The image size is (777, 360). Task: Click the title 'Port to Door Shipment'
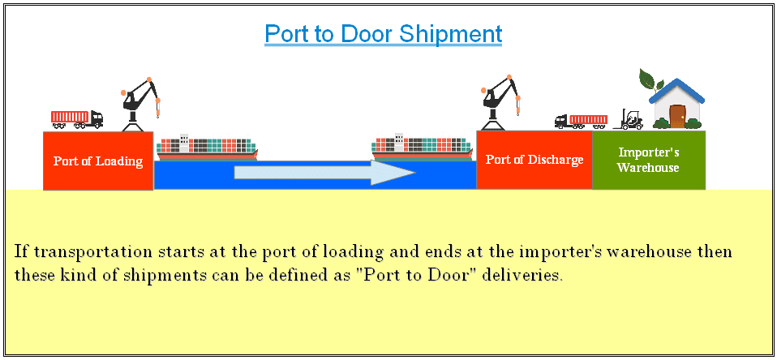coord(383,34)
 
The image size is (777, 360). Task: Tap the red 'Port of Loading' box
coord(98,161)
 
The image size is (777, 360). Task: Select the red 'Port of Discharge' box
coord(534,160)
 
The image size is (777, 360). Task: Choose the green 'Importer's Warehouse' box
coord(648,160)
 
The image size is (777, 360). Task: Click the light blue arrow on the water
coord(324,173)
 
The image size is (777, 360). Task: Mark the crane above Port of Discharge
coord(498,101)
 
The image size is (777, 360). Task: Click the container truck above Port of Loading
coord(77,119)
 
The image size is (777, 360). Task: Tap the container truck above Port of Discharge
coord(581,122)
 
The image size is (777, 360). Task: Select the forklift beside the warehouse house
coord(630,120)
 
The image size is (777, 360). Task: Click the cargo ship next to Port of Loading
coord(207,148)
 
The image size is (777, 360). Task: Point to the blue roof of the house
coord(676,89)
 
